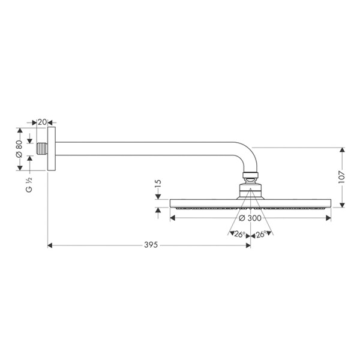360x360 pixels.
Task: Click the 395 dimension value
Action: coord(151,245)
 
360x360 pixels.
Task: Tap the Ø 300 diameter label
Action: coord(250,218)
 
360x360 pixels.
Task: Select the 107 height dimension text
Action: coord(342,177)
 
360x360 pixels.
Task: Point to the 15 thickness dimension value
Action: coord(158,184)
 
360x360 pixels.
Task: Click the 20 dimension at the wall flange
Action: coord(42,122)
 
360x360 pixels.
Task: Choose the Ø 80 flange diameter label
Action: coord(19,149)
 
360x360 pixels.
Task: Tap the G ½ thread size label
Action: coord(29,185)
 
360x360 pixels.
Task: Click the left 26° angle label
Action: coord(239,235)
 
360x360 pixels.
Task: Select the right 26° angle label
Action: coord(261,235)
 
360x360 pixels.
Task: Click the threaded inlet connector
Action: coord(42,149)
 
